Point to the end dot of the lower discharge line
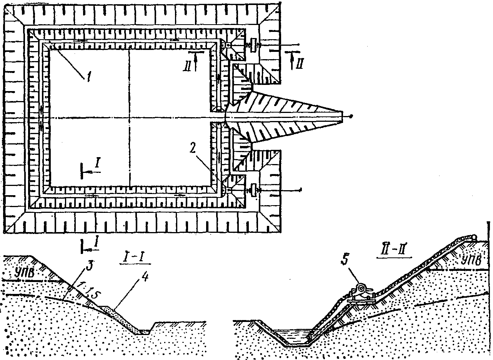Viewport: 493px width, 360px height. click(301, 189)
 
